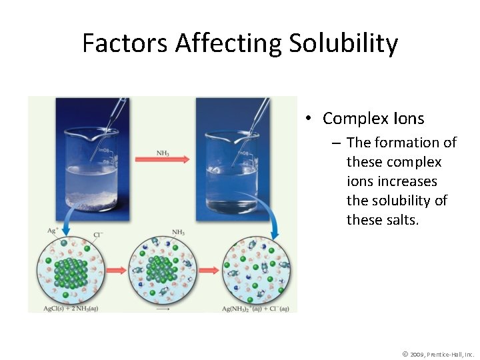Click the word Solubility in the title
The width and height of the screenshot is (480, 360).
coord(343,44)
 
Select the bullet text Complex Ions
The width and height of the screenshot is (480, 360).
coord(373,119)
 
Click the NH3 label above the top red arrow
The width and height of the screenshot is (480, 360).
coord(163,153)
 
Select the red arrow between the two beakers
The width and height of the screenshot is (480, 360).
coord(162,160)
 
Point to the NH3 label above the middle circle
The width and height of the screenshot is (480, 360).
coord(178,232)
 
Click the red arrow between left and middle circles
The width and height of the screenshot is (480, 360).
coord(115,270)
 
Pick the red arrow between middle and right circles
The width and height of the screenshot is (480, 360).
coord(209,270)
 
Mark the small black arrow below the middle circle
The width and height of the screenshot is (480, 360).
coord(163,309)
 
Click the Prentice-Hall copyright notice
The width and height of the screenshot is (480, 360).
coord(438,354)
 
